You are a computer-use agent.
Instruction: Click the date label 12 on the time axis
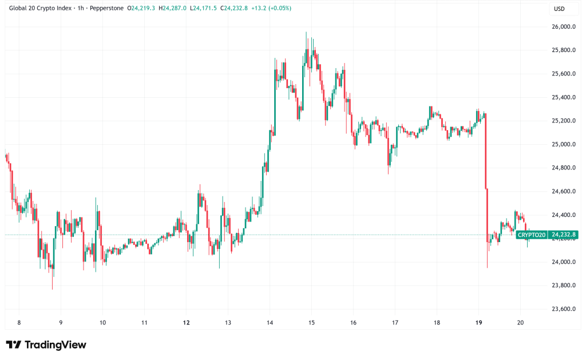click(x=187, y=323)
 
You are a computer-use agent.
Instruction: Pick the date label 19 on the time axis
click(x=479, y=323)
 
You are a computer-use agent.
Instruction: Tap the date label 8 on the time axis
click(x=19, y=323)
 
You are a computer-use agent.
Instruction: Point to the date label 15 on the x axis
click(x=311, y=323)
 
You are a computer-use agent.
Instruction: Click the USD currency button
click(x=559, y=9)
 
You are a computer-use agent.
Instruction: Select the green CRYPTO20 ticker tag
click(x=531, y=235)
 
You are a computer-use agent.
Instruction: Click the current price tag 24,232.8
click(x=563, y=235)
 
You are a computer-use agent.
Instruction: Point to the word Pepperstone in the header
click(x=106, y=8)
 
